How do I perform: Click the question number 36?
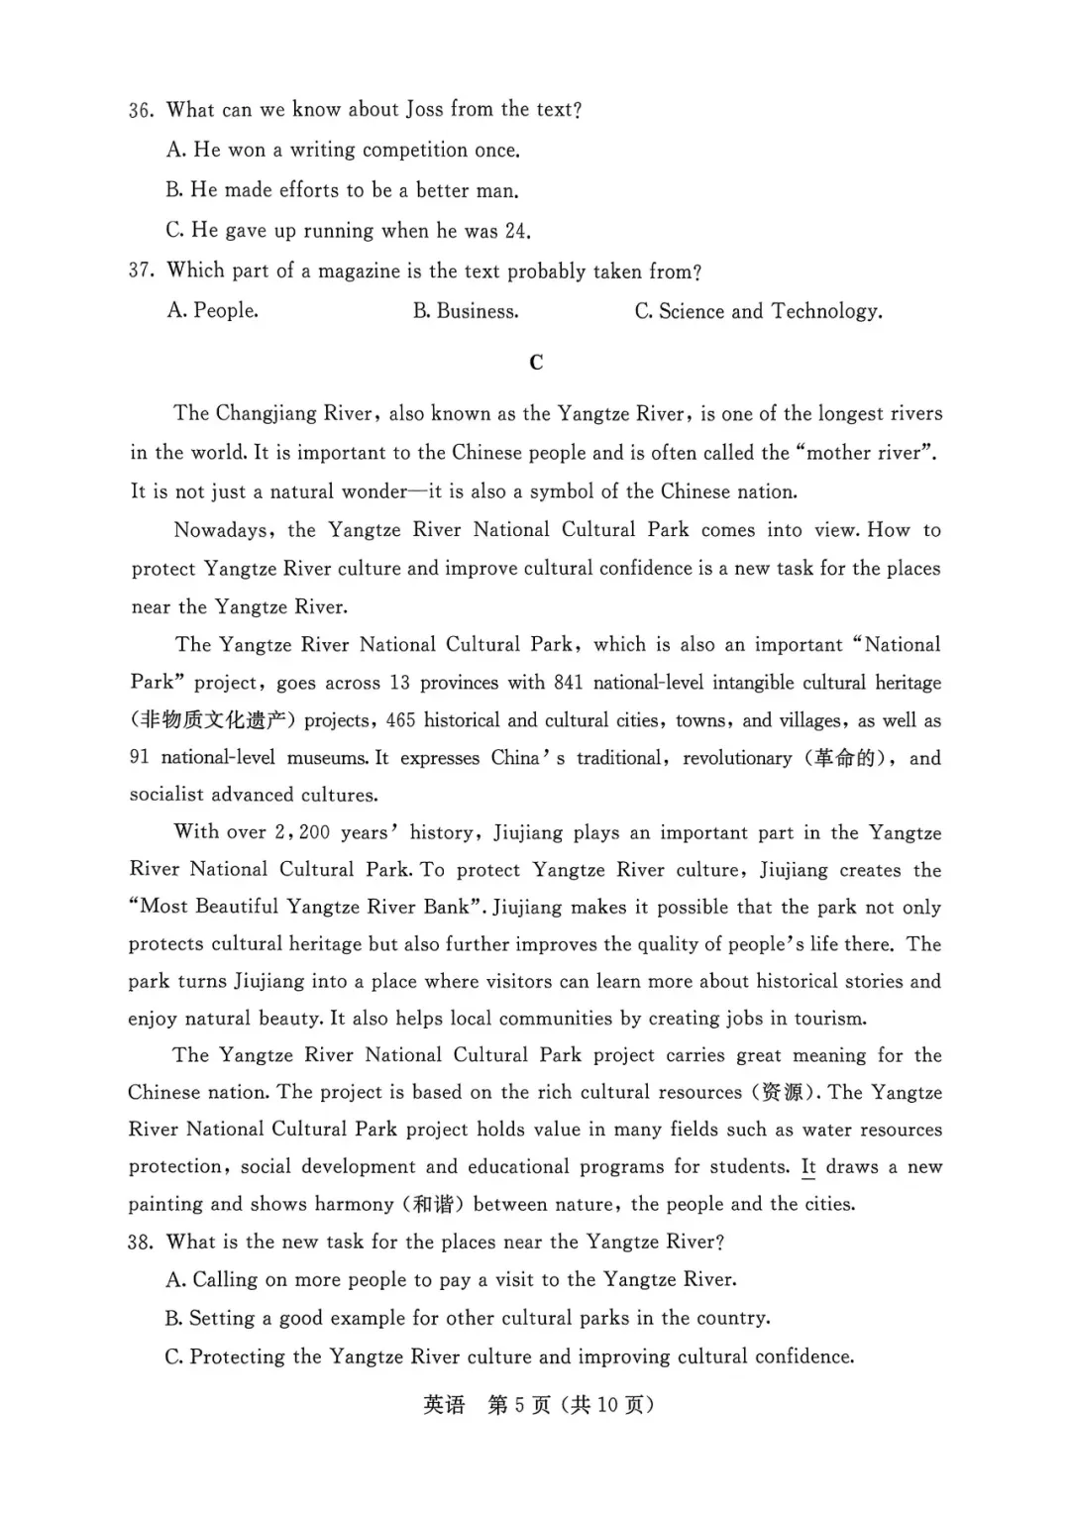coord(141,110)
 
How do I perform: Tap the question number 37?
coord(141,271)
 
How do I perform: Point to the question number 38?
coord(141,1243)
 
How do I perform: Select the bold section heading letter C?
coord(536,363)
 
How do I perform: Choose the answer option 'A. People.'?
coord(213,311)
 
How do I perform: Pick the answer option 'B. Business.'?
coord(466,311)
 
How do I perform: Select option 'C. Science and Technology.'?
coord(758,311)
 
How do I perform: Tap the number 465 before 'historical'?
coord(399,720)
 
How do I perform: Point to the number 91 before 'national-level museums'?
coord(140,758)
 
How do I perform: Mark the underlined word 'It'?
coord(808,1167)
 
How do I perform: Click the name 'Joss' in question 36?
coord(424,110)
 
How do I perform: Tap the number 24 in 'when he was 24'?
coord(516,231)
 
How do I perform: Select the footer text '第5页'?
coord(520,1405)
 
